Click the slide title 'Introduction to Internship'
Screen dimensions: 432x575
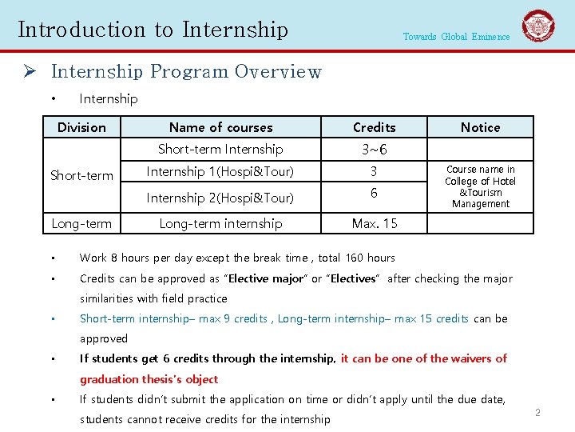click(x=153, y=30)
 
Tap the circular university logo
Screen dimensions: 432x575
click(x=538, y=26)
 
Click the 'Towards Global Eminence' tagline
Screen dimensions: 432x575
click(x=456, y=37)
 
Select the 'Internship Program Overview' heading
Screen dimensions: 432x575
click(x=186, y=72)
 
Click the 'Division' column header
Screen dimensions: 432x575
click(x=81, y=127)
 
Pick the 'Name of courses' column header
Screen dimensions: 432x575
click(x=220, y=127)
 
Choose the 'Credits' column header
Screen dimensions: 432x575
click(x=374, y=127)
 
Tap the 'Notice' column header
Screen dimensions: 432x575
click(x=480, y=127)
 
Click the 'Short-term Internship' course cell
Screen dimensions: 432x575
click(x=220, y=149)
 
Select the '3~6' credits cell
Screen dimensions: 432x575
click(x=374, y=150)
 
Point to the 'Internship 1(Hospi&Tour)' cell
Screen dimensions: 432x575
click(x=220, y=171)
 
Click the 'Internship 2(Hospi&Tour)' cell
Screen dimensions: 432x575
click(x=220, y=198)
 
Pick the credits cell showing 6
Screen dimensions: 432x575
click(x=374, y=194)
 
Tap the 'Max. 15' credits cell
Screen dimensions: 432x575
click(x=374, y=223)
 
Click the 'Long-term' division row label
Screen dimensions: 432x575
click(x=81, y=223)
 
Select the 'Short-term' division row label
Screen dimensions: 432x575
click(x=81, y=175)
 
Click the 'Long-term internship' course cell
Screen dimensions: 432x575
click(x=220, y=223)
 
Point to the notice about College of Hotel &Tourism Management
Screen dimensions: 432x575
click(x=480, y=186)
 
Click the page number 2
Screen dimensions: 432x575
click(x=537, y=413)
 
